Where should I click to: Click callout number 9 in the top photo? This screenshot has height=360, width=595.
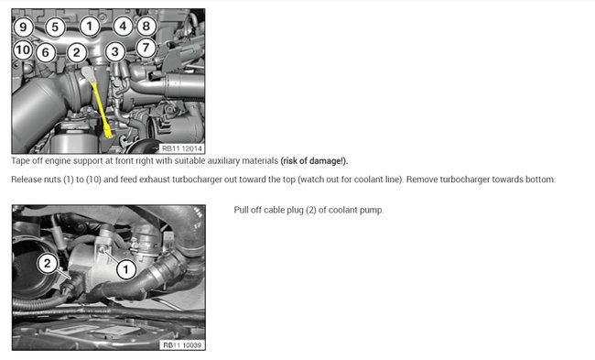point(23,27)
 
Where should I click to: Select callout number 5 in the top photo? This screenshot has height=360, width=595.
point(55,27)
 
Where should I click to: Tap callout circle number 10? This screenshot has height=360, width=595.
point(23,49)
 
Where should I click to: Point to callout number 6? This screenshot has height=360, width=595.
point(46,52)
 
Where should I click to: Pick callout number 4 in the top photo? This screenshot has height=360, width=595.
point(123,27)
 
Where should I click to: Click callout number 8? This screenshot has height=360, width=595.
point(146,27)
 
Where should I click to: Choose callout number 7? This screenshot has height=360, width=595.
point(146,48)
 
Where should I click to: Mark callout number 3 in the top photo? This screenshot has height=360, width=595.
point(115,52)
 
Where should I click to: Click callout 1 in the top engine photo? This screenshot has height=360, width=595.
point(90,27)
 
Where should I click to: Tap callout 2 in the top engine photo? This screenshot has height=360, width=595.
point(77,52)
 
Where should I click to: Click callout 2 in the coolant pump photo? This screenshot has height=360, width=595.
point(48,263)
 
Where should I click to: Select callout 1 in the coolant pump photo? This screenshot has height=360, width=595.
point(126,269)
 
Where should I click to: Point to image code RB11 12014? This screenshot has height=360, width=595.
point(182,148)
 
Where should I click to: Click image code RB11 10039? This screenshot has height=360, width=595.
point(182,345)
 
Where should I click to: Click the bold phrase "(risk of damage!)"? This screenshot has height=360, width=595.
point(314,161)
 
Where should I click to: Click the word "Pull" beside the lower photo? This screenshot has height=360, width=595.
point(241,210)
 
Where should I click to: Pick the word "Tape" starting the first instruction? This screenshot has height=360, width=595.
point(20,161)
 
